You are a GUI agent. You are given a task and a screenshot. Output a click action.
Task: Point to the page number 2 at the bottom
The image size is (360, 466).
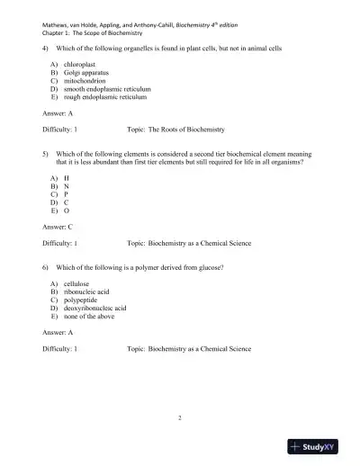[180, 418]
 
